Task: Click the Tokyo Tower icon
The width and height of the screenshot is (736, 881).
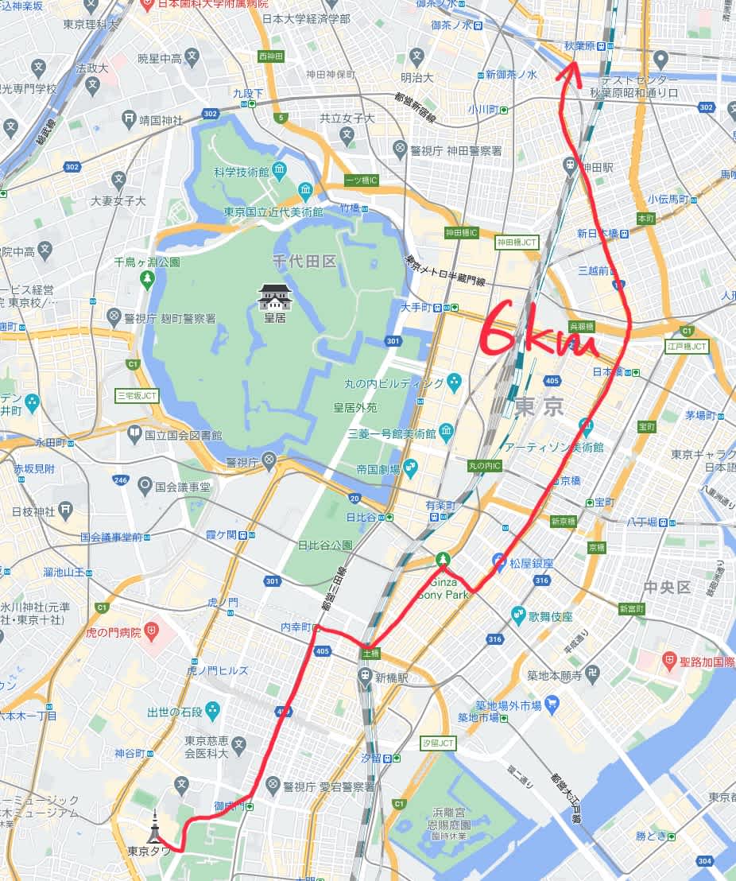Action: [154, 827]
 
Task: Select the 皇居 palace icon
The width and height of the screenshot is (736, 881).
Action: [276, 297]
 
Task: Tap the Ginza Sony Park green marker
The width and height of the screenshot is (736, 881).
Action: [442, 560]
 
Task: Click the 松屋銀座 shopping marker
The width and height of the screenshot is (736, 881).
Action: [498, 562]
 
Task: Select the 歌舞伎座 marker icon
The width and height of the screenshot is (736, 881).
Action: [518, 615]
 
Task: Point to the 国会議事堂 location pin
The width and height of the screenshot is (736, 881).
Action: [145, 484]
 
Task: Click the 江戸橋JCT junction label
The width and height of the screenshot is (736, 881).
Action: [686, 346]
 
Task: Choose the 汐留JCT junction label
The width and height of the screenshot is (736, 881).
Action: [438, 743]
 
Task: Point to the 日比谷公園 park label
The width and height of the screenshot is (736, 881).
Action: [324, 545]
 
